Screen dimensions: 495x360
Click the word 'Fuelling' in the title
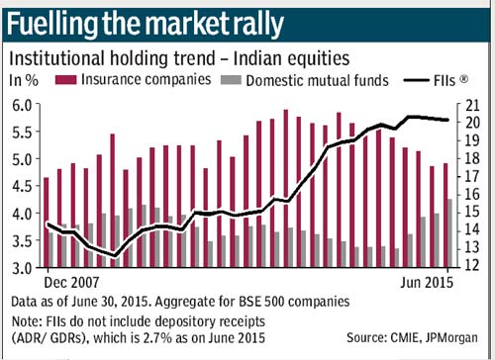pos(52,25)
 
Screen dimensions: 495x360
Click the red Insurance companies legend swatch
pos(66,80)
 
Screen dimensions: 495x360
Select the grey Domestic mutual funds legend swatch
pos(231,80)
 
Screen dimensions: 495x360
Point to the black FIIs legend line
pos(417,80)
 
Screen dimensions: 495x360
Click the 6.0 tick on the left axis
pos(22,106)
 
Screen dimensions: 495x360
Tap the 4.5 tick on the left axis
pos(22,187)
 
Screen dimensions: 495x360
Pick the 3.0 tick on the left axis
pos(22,268)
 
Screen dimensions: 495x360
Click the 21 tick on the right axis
pos(472,106)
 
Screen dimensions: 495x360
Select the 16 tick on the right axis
pos(472,194)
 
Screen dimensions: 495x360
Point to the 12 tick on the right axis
pos(472,265)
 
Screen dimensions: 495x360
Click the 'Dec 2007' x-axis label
pos(71,283)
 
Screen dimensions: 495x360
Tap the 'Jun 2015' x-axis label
pos(427,283)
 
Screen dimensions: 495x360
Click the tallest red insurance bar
pos(286,188)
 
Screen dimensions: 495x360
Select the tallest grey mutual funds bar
pos(449,233)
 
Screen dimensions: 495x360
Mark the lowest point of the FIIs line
pos(115,255)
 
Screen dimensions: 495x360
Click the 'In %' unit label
pos(24,80)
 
